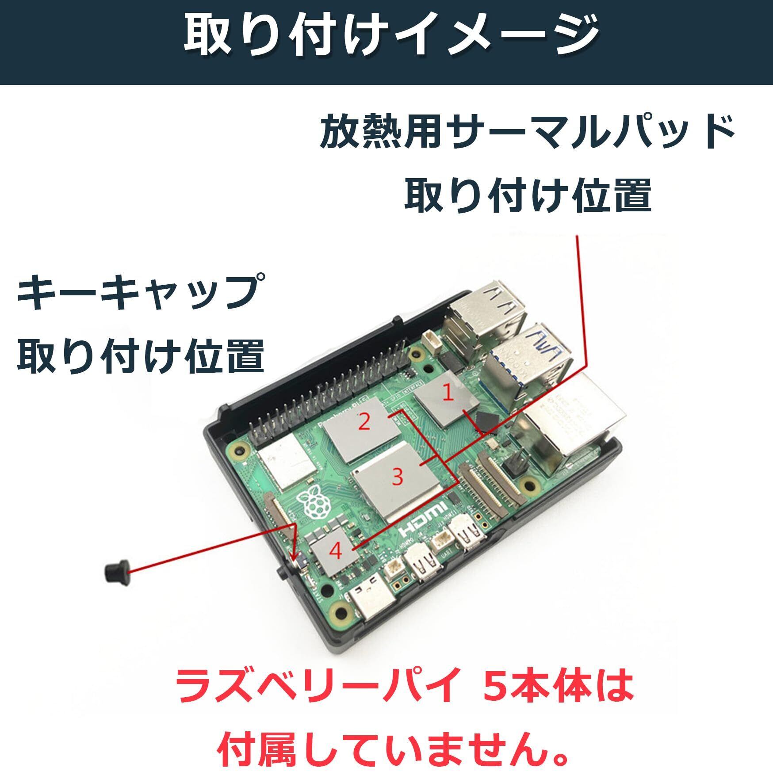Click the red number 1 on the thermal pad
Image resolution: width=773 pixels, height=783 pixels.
(x=448, y=393)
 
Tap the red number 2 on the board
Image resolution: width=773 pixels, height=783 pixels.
(x=364, y=422)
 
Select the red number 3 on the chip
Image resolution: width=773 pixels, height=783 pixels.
(x=397, y=477)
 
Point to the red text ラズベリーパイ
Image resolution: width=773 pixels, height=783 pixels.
(x=317, y=686)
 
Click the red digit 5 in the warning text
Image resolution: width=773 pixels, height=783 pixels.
(x=496, y=686)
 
